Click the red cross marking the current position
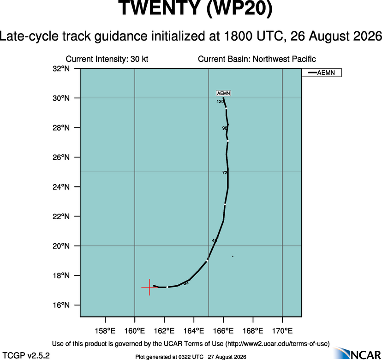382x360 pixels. (149, 287)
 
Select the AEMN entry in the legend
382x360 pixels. (322, 72)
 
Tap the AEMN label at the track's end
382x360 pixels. (223, 93)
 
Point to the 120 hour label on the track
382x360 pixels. (220, 102)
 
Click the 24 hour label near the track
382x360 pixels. (186, 283)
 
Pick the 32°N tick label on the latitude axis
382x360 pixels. (61, 68)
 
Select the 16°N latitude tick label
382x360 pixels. (61, 305)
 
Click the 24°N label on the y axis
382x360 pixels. (61, 187)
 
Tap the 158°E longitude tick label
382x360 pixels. (105, 331)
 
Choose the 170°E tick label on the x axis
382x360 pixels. (282, 331)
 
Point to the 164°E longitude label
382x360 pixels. (194, 331)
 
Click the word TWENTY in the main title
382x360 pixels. (159, 8)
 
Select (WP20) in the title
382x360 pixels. (239, 8)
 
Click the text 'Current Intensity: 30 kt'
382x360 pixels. (107, 59)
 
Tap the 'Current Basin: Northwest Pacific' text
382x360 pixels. (257, 59)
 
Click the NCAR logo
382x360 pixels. (357, 353)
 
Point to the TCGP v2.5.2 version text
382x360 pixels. (26, 355)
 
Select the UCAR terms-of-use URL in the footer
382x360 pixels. (277, 344)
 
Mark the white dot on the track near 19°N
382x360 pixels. (207, 261)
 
